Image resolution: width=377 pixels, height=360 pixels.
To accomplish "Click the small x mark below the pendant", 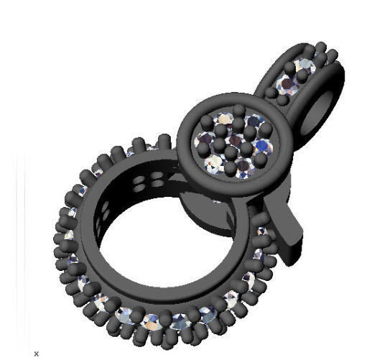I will click(x=37, y=353).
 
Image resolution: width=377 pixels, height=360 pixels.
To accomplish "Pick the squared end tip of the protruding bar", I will click(x=294, y=255).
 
